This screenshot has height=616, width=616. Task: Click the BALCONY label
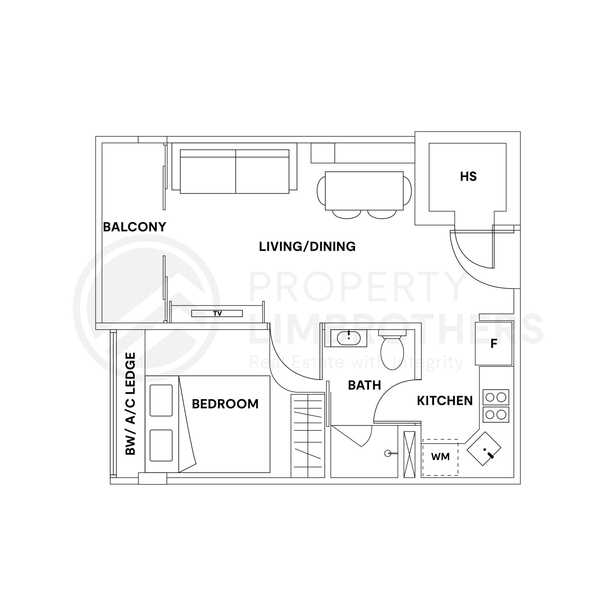(x=134, y=227)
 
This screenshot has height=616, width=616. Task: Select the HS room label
(x=468, y=176)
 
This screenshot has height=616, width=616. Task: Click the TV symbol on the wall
(x=217, y=314)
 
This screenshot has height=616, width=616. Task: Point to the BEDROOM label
(x=225, y=404)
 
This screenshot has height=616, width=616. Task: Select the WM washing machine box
(x=440, y=457)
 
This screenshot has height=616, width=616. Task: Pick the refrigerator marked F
(x=493, y=344)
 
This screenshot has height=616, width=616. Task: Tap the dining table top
(x=364, y=191)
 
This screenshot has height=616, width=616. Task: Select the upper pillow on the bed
(x=161, y=400)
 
